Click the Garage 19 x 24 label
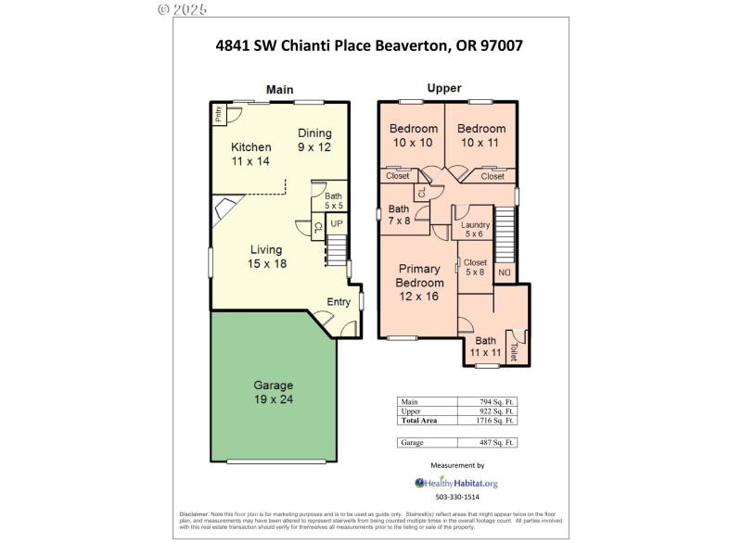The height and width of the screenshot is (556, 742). [x=274, y=392]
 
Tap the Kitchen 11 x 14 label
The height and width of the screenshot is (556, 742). [x=250, y=154]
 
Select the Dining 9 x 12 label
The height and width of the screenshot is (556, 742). [x=314, y=140]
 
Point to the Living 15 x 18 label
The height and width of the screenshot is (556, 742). [x=266, y=257]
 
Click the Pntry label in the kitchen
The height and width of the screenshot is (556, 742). [x=218, y=114]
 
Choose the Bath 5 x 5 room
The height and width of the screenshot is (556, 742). [x=333, y=200]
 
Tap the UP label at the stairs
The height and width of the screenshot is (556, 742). [x=337, y=224]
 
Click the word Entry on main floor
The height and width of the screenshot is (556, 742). [x=339, y=302]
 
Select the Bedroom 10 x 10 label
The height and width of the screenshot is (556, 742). [x=413, y=135]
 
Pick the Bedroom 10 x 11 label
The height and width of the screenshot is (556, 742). [x=481, y=135]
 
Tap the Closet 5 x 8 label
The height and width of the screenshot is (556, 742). [x=475, y=267]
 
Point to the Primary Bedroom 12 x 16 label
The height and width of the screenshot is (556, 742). [x=418, y=282]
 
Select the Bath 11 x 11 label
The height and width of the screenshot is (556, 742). [x=485, y=347]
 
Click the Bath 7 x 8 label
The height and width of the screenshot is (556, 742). [x=399, y=215]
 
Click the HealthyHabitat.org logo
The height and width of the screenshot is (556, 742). [x=456, y=483]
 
